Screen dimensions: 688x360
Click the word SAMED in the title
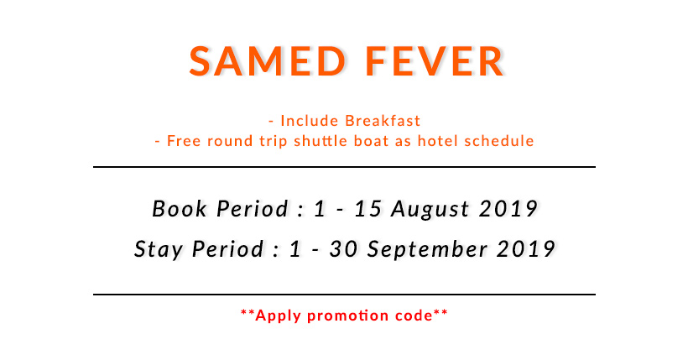pos(268,61)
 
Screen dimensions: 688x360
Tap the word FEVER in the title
pos(435,61)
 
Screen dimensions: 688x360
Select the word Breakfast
pos(383,121)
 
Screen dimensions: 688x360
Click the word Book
pos(179,209)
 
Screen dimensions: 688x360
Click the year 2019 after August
pos(508,209)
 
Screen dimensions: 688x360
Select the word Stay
pos(159,249)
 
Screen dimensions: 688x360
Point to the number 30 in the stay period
pos(343,249)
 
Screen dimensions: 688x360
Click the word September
pos(427,250)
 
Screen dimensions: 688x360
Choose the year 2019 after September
pos(526,249)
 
